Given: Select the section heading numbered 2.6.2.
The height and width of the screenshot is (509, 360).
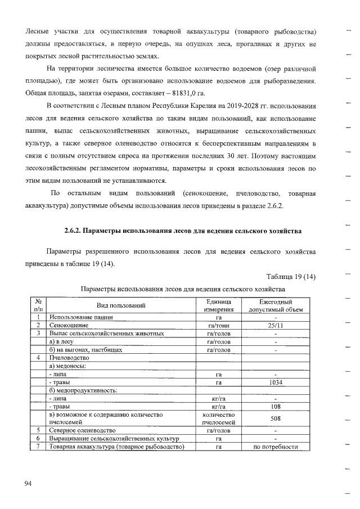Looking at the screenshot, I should click(182, 231).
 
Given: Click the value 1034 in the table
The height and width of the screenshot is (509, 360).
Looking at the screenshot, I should click(275, 382).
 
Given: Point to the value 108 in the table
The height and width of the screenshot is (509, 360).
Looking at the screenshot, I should click(275, 406).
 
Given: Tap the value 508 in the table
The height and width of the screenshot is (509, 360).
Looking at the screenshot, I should click(275, 418).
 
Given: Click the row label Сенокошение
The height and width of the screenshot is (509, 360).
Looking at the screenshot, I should click(68, 325).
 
